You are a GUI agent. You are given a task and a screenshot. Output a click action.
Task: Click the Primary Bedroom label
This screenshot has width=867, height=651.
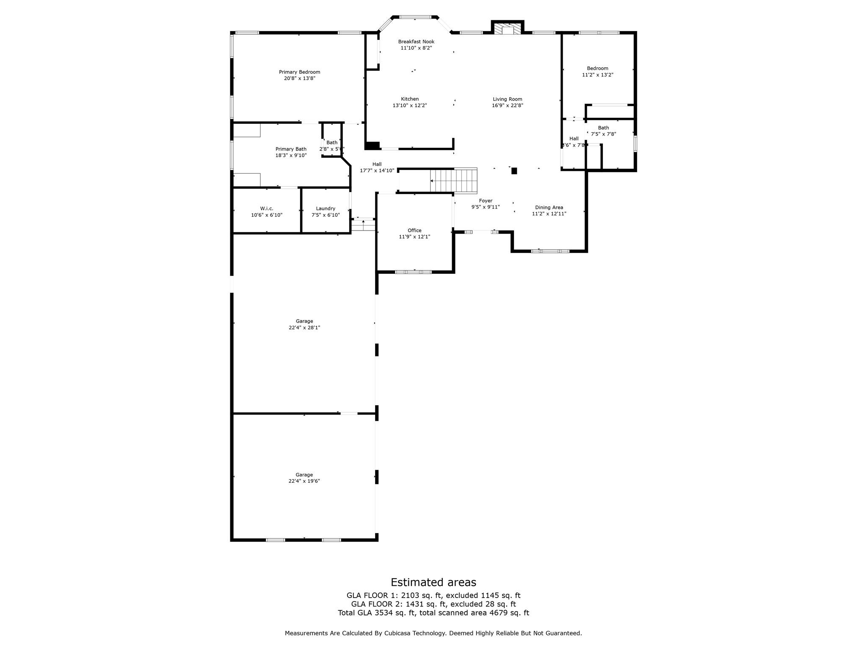pos(299,72)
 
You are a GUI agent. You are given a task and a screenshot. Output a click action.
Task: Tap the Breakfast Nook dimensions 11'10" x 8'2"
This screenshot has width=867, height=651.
pos(416,48)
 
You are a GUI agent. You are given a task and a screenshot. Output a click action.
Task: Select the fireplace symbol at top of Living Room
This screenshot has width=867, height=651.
pos(508,29)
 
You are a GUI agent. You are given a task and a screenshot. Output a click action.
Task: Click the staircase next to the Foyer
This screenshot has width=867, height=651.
pos(454,181)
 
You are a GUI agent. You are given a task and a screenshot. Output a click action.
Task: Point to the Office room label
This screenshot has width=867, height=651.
pos(414,231)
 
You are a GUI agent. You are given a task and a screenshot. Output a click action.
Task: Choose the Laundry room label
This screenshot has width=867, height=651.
pos(326,209)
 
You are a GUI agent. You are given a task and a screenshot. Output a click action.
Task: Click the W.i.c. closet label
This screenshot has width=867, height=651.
pos(267,209)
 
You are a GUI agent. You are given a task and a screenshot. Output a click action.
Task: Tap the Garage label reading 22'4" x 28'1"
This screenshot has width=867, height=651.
pos(304,321)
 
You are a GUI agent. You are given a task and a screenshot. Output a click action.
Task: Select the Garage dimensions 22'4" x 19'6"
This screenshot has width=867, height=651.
pos(304,481)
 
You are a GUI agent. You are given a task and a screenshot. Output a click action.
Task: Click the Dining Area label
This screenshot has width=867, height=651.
pos(549,208)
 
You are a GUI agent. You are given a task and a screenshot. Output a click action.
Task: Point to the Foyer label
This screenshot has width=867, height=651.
pos(486,201)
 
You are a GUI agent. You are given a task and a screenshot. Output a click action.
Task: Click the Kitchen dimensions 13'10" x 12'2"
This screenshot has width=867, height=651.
pos(410,106)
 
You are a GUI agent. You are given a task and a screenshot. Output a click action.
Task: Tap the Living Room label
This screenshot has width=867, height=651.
pos(507,99)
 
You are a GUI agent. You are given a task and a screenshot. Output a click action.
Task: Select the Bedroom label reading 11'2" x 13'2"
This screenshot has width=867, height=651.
pos(597,68)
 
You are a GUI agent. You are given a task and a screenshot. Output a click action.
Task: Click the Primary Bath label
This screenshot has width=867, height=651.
pos(291,149)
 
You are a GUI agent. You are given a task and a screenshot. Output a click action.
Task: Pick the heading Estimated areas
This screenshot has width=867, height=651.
pos(433,582)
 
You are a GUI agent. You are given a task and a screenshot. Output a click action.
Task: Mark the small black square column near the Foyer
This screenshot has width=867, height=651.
pos(514,171)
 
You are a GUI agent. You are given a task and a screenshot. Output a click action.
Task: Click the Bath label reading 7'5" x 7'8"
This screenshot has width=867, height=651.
pos(603,128)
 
